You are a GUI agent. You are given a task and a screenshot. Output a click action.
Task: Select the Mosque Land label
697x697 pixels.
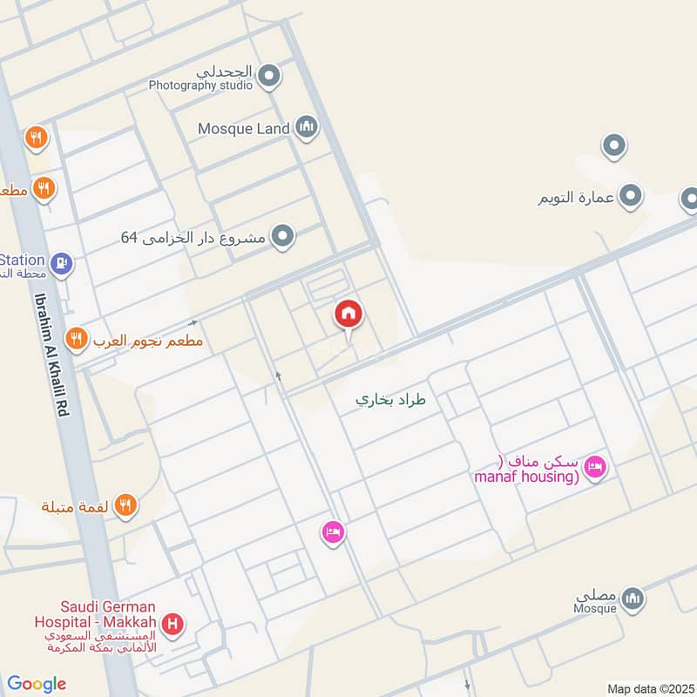point(243,129)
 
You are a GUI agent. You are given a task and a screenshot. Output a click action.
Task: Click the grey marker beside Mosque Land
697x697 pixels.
point(306,128)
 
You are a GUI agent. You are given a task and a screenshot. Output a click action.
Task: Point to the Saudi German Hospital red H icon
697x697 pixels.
point(174,624)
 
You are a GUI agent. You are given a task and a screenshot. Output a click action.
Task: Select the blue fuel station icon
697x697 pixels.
point(60,261)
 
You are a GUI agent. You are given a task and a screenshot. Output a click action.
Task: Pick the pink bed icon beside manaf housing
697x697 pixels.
point(596,467)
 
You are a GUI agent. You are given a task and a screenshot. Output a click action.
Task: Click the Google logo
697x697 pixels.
point(37,684)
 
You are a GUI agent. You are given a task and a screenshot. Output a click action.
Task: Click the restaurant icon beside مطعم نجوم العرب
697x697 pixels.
point(78,339)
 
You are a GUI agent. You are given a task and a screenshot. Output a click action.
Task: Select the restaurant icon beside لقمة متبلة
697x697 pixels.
point(125,504)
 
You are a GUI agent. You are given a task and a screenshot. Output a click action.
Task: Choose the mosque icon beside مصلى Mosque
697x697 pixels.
point(633,598)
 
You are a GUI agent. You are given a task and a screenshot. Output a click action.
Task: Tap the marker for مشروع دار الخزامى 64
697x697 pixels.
point(281,236)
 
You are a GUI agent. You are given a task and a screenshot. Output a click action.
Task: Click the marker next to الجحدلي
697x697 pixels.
point(269,77)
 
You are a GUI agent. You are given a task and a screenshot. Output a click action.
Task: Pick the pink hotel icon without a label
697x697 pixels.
point(333,531)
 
